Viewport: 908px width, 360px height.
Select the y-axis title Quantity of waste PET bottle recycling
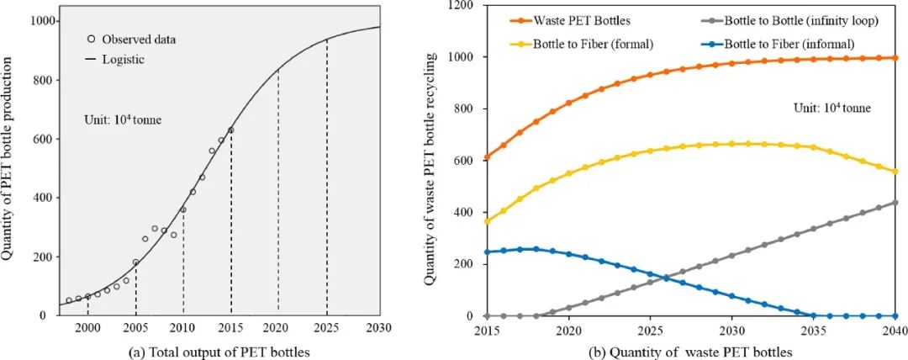point(430,168)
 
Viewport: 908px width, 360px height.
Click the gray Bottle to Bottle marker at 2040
point(894,202)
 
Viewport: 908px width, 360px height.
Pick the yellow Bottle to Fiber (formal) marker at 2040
point(894,172)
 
